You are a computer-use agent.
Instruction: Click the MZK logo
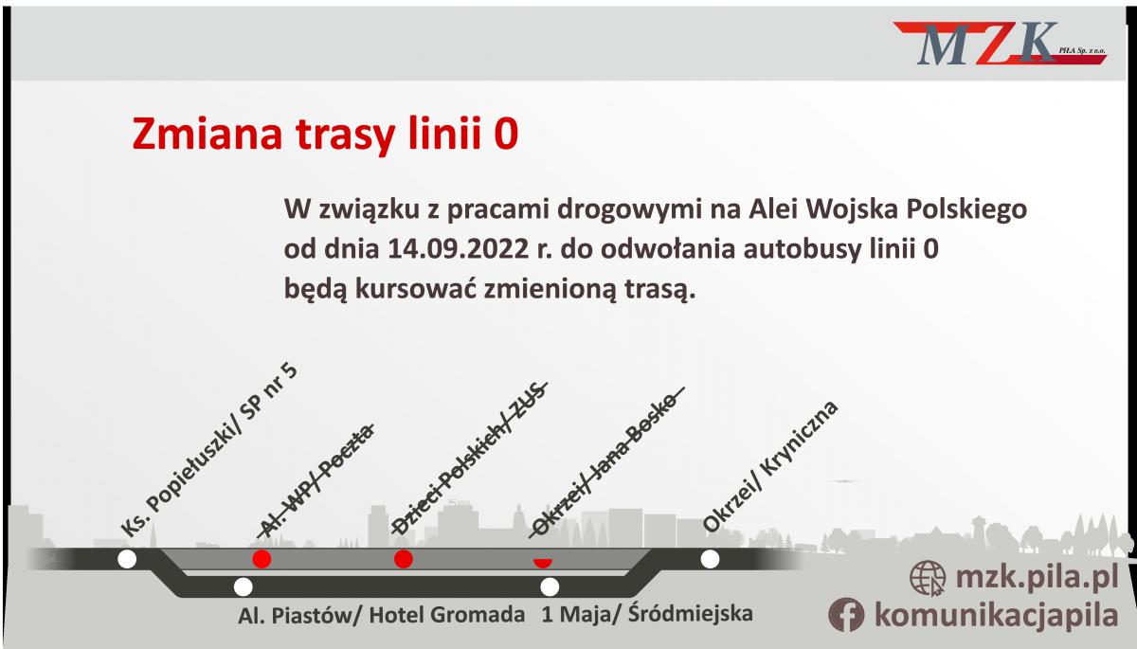pos(1000,44)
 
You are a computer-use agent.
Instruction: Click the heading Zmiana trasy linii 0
pos(325,134)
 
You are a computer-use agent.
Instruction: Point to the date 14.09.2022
pos(459,248)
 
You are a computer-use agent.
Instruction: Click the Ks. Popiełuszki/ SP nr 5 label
pos(208,450)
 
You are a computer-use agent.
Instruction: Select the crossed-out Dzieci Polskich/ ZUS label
pos(470,459)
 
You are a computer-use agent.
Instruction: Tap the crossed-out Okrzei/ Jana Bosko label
pos(606,462)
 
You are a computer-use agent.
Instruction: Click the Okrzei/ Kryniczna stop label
pos(770,466)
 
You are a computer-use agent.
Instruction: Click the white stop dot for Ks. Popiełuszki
pos(127,559)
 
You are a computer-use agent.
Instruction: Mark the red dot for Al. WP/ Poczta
pos(262,559)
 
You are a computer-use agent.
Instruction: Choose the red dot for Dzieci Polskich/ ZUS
pos(404,559)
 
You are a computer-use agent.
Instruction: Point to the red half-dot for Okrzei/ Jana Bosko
pos(543,562)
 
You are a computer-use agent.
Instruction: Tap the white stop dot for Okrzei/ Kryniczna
pos(710,559)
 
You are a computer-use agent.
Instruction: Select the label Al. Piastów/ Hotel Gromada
pos(381,615)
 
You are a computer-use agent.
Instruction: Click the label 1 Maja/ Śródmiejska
pos(647,614)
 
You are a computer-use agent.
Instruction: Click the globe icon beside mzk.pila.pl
pos(928,578)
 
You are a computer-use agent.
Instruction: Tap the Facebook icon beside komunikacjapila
pos(846,615)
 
